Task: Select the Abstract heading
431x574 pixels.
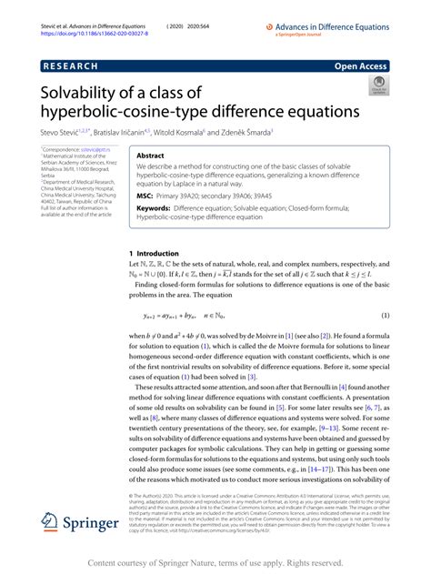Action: [x=150, y=156]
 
